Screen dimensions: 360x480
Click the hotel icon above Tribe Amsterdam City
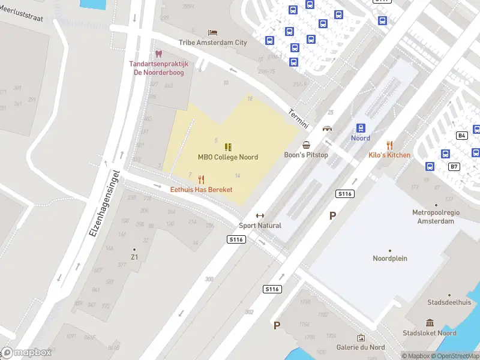click(212, 32)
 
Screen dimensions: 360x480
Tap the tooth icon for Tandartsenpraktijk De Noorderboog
click(159, 54)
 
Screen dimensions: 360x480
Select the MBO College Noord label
click(228, 157)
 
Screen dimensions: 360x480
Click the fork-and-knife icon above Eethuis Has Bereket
click(201, 179)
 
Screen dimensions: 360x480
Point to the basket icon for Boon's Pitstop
click(307, 145)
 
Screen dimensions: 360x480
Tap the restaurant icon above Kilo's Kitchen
click(389, 145)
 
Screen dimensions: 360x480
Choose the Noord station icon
click(361, 128)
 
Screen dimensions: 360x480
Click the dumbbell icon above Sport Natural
click(260, 216)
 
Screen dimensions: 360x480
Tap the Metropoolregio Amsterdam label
click(433, 217)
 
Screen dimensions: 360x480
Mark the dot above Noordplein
click(390, 250)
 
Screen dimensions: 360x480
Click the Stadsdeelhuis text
click(449, 303)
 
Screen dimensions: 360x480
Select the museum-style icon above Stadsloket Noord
click(430, 323)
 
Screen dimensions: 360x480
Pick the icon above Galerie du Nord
click(361, 338)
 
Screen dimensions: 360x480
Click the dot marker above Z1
click(134, 249)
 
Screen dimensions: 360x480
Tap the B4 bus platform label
click(461, 136)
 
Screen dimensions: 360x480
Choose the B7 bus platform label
click(454, 166)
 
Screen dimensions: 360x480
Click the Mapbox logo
click(26, 352)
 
